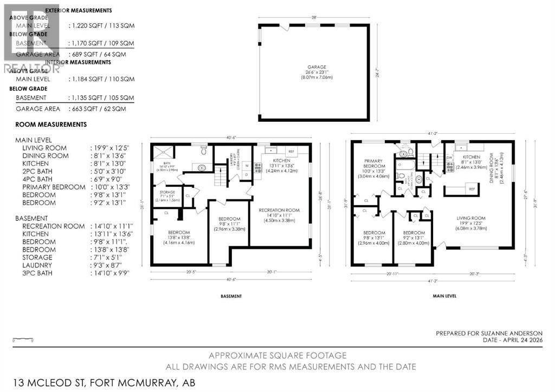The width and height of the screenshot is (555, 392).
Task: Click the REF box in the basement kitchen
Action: (x=291, y=152)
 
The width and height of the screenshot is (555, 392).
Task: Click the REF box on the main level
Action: (x=472, y=189)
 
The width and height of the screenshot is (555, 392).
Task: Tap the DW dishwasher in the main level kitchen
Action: (x=449, y=158)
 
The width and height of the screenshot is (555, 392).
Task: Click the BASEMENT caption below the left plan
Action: (x=231, y=296)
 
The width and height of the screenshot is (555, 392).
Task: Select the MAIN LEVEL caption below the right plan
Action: (x=444, y=296)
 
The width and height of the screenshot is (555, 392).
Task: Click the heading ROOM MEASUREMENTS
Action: (x=51, y=125)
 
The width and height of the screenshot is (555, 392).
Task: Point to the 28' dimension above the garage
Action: (x=314, y=17)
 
